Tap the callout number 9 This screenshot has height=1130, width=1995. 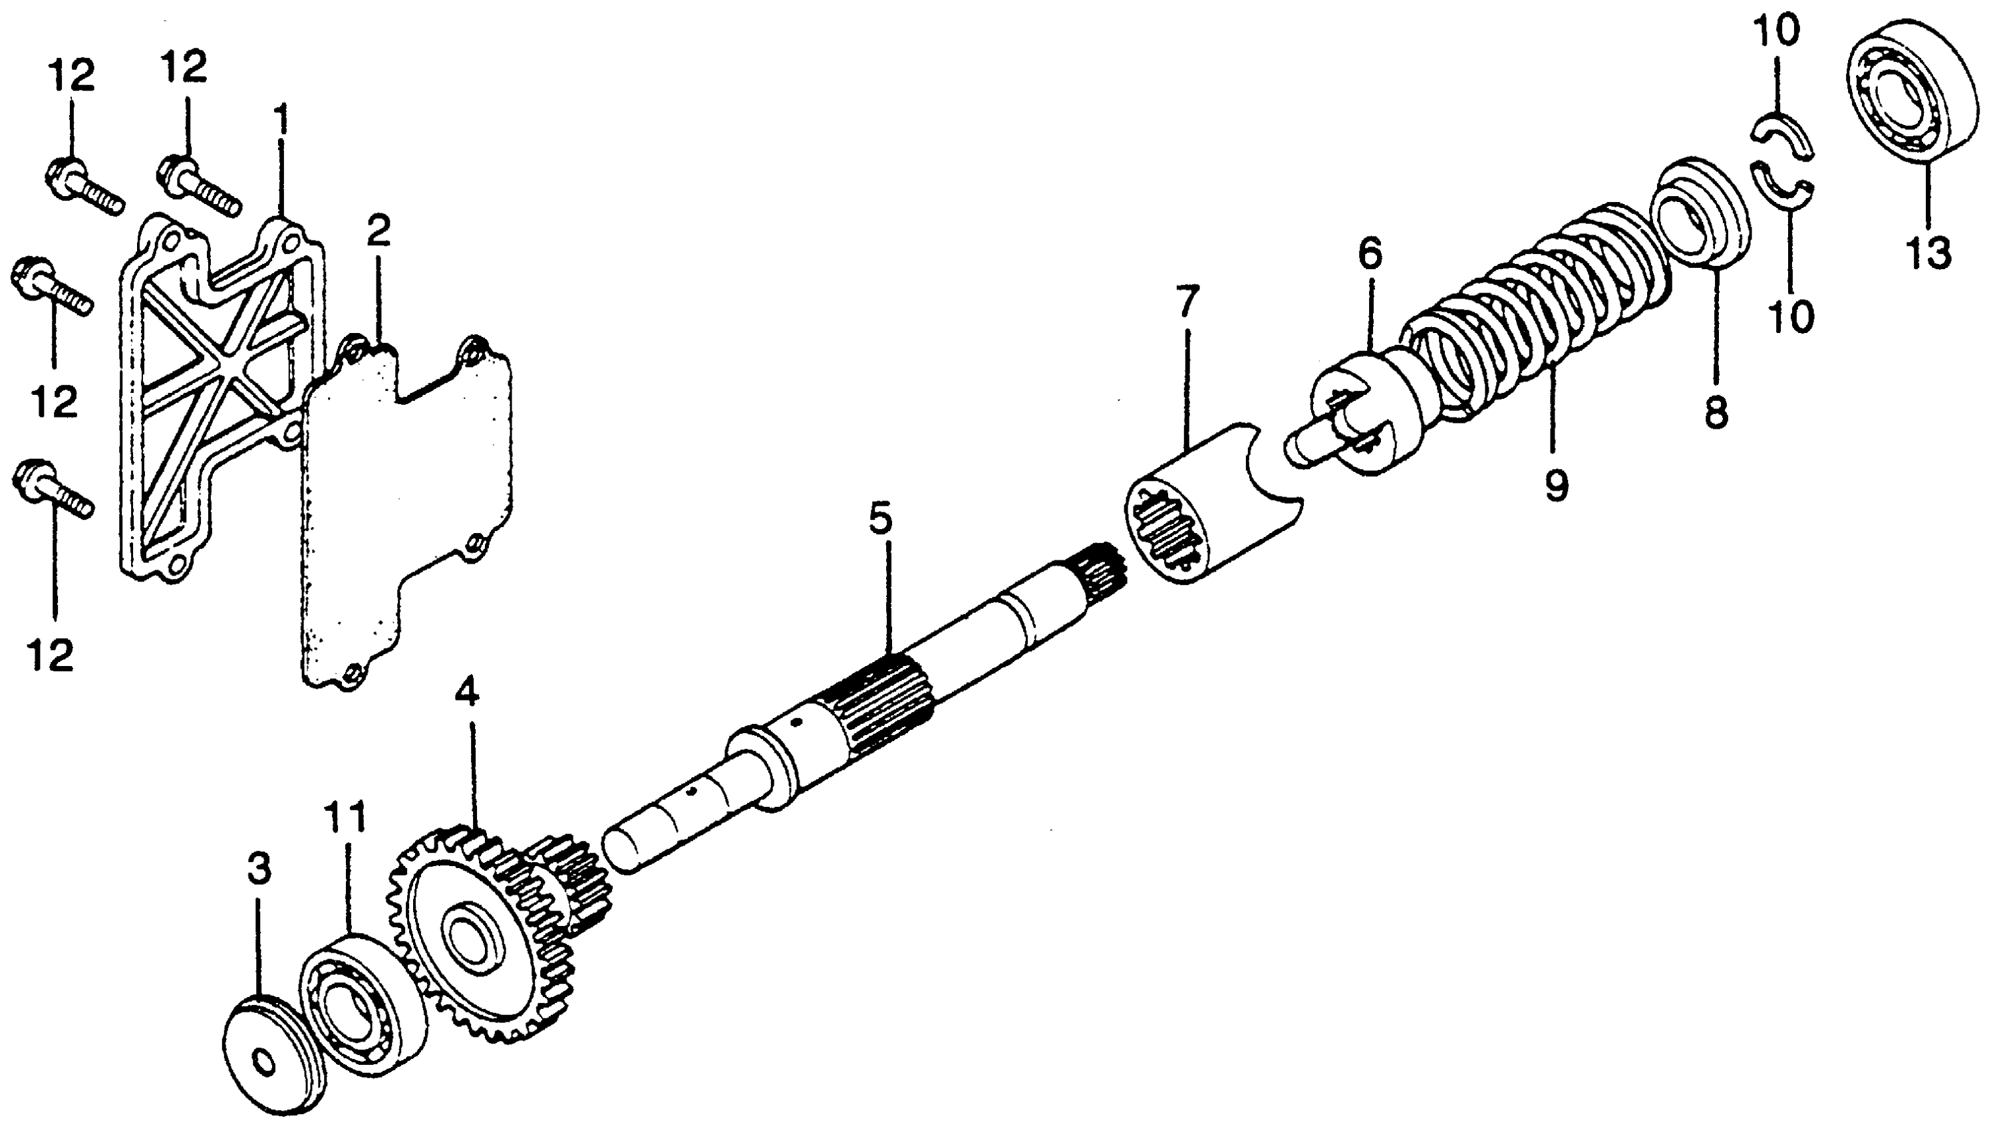pyautogui.click(x=1555, y=486)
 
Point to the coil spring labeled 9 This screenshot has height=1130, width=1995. pyautogui.click(x=1537, y=310)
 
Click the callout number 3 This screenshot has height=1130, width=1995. pyautogui.click(x=259, y=871)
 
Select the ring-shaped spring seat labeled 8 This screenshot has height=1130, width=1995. pyautogui.click(x=1701, y=221)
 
